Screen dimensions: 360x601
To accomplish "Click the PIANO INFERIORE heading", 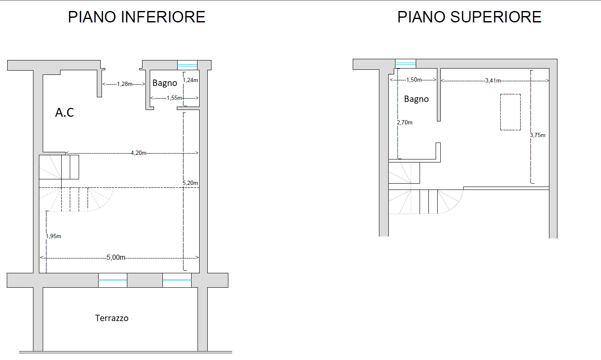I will click(x=137, y=17).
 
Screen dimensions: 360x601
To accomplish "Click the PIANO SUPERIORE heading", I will click(x=469, y=17).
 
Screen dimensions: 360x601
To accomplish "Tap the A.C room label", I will click(x=65, y=113).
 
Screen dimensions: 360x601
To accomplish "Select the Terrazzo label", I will click(x=112, y=318).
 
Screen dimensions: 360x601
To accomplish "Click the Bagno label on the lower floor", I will click(x=165, y=83).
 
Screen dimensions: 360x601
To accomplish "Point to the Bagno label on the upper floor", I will click(x=416, y=99).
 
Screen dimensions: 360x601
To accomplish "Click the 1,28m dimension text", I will click(x=124, y=84).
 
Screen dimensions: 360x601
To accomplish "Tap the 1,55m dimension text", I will click(x=174, y=98).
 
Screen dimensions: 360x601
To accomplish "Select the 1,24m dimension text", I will click(x=191, y=80).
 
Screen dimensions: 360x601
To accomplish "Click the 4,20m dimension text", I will click(x=139, y=153).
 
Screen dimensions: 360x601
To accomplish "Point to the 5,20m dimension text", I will click(x=190, y=183).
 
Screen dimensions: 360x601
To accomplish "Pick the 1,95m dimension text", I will click(x=54, y=236).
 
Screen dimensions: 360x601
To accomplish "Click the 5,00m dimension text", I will click(x=116, y=257).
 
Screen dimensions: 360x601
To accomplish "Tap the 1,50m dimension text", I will click(x=414, y=80).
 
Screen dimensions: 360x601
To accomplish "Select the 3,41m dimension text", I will click(x=493, y=80).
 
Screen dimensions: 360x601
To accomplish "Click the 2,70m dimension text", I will click(x=405, y=122).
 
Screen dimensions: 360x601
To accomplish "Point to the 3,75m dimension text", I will click(x=538, y=135).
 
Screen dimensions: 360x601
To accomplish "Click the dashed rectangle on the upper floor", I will click(x=510, y=112).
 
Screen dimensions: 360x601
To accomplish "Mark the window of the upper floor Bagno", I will click(x=406, y=64).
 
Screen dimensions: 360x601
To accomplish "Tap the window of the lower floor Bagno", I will click(x=187, y=65).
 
